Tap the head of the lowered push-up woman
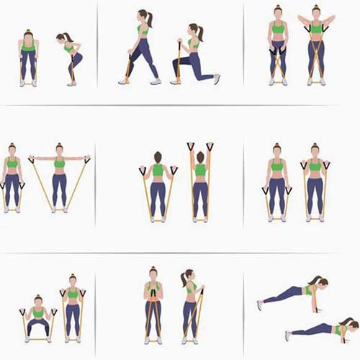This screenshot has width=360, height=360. click(x=348, y=323)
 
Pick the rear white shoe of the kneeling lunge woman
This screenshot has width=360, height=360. click(x=216, y=78)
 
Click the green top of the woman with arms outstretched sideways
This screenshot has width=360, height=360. click(x=59, y=163)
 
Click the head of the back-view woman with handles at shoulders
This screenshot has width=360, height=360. click(x=158, y=156)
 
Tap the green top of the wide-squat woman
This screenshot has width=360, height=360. click(x=38, y=313)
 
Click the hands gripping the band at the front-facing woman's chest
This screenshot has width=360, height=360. click(x=153, y=291)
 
